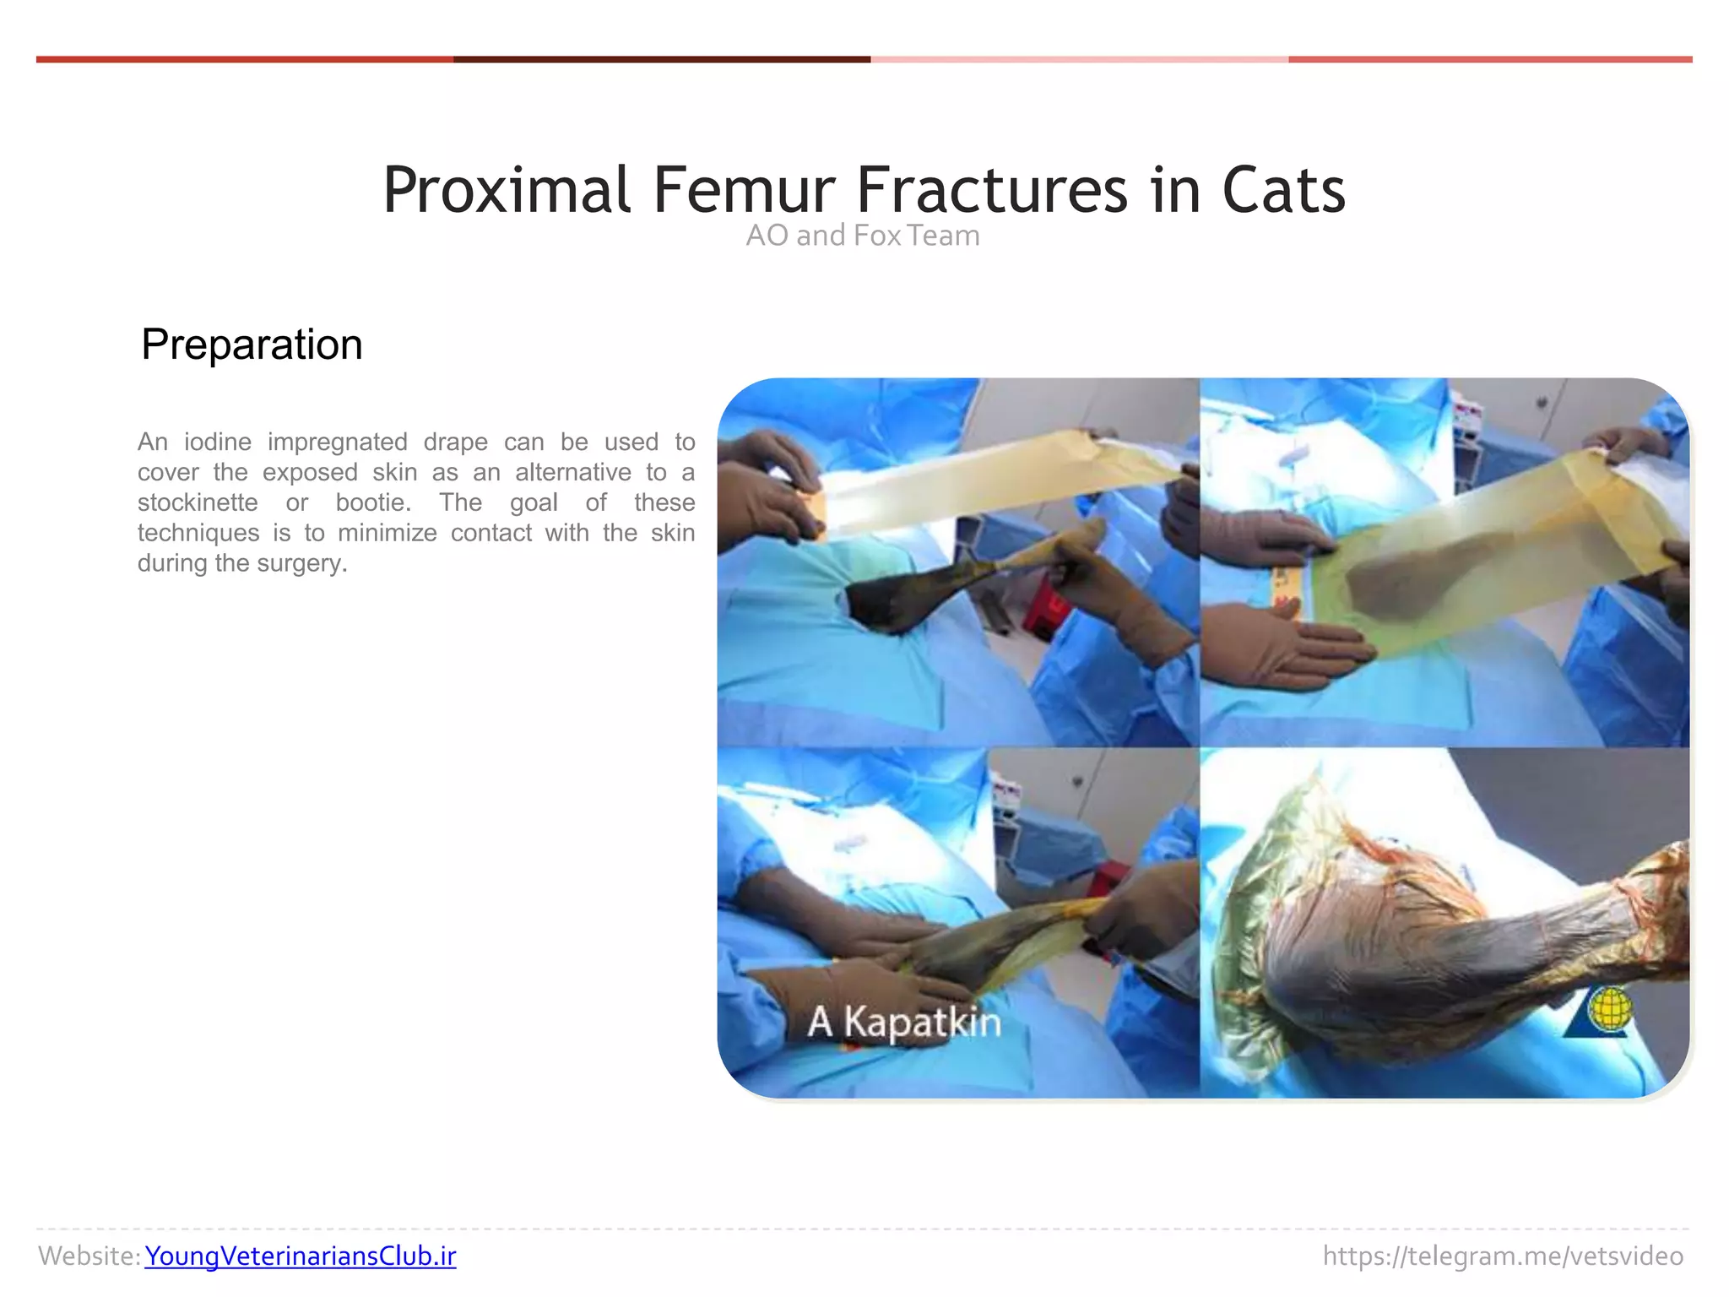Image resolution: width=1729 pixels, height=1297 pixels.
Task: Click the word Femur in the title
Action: (743, 190)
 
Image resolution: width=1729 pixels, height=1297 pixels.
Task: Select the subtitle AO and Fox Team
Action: (863, 236)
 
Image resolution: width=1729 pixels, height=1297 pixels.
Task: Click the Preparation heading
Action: (252, 345)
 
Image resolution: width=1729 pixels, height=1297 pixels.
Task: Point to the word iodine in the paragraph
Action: (218, 442)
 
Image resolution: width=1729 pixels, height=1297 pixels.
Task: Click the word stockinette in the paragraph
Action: (198, 502)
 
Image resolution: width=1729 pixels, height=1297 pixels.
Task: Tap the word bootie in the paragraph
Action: (372, 502)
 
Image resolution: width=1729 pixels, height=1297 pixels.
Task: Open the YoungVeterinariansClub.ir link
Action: (300, 1256)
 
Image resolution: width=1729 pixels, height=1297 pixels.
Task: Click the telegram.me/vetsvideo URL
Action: (1503, 1256)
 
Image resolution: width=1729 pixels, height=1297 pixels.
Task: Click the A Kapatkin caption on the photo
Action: (903, 1022)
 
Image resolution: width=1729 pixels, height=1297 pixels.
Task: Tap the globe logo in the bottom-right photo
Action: (1608, 1009)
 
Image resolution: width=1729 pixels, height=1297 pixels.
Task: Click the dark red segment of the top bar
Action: (662, 59)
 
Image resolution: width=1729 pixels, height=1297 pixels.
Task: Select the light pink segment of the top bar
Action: (1079, 59)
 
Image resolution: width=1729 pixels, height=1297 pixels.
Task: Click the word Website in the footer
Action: (88, 1256)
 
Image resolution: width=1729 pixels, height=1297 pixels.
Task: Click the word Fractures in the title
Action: (992, 190)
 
